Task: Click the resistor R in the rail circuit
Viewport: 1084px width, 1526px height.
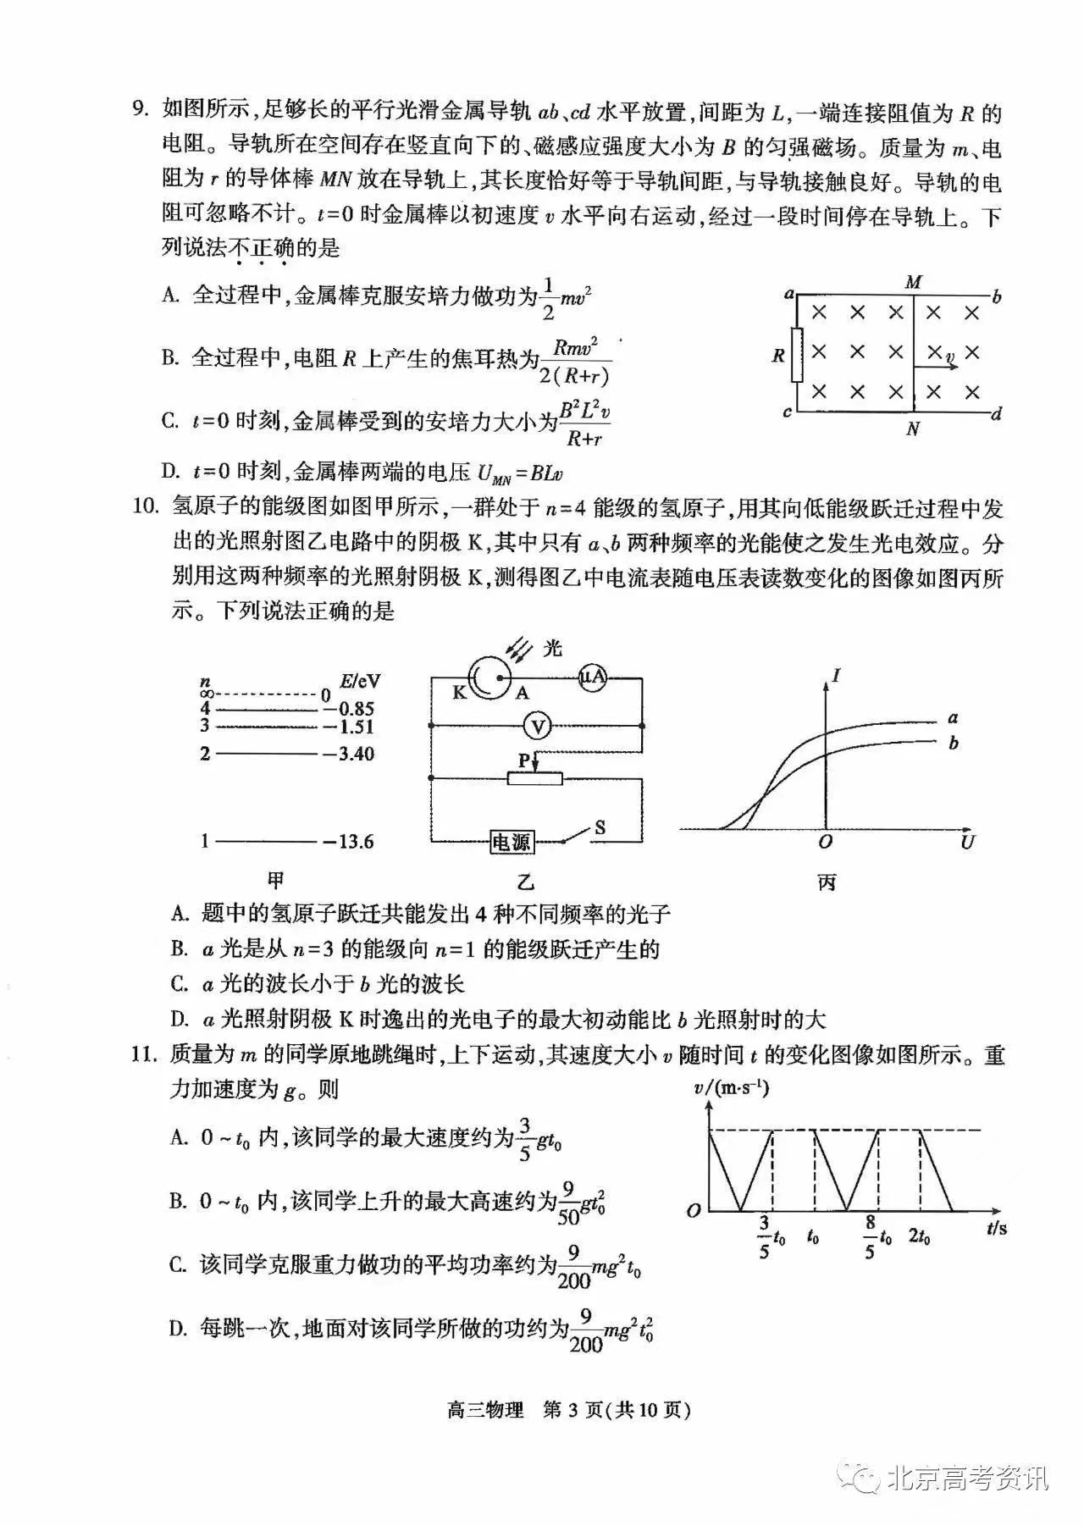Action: (x=796, y=355)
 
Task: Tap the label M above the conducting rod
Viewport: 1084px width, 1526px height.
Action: (x=913, y=283)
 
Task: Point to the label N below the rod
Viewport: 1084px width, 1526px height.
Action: (x=913, y=429)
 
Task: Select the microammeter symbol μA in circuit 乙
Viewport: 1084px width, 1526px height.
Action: (x=594, y=677)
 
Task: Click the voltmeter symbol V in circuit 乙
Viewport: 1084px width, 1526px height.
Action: (x=537, y=726)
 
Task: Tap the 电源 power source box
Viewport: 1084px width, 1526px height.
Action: (x=512, y=841)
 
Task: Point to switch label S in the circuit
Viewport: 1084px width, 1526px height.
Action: (x=600, y=827)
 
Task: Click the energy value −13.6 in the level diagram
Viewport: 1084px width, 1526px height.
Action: (x=348, y=841)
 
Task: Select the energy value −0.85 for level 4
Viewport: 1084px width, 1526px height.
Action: (x=348, y=709)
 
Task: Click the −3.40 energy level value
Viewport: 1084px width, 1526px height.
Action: (x=348, y=753)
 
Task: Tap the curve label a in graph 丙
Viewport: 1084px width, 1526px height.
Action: (x=954, y=718)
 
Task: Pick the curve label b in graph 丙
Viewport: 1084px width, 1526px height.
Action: (x=954, y=743)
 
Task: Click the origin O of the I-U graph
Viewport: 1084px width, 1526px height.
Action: (x=826, y=842)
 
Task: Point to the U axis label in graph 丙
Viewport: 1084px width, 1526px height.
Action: (x=967, y=842)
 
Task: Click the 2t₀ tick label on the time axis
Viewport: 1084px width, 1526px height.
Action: (x=920, y=1236)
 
